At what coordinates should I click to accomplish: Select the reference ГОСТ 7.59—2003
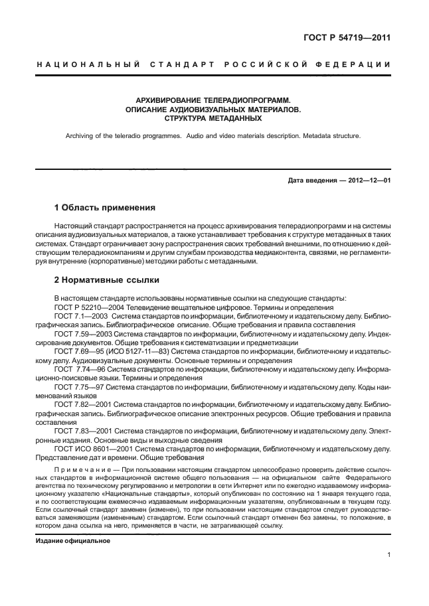click(x=82, y=335)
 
